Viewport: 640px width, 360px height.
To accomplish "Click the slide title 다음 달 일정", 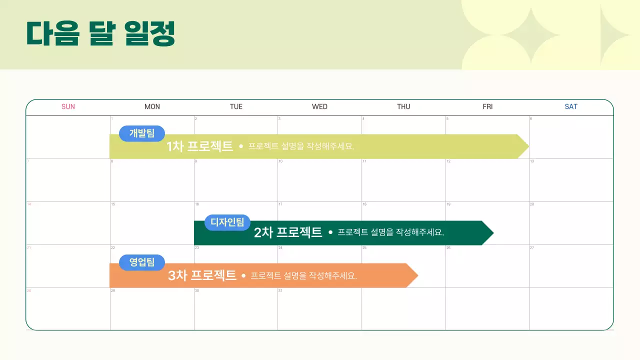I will tap(100, 33).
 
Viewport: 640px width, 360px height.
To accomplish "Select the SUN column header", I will tap(68, 106).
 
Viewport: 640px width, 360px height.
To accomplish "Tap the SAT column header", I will tap(571, 106).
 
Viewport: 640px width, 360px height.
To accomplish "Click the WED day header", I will tap(319, 106).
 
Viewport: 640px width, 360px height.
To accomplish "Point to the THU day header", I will tap(403, 106).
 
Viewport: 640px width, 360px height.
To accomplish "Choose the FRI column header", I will tap(487, 106).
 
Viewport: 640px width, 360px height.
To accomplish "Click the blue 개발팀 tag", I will tap(142, 133).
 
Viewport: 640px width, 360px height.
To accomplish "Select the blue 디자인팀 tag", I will tap(227, 222).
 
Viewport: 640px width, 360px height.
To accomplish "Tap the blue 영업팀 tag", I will tap(142, 262).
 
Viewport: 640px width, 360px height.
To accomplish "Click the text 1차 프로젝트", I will tap(200, 146).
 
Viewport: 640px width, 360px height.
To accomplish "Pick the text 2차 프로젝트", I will tap(288, 232).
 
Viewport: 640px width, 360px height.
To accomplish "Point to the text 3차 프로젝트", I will tap(202, 275).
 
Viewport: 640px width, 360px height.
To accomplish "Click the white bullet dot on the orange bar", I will tap(243, 275).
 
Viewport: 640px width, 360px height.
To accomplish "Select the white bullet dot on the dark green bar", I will tap(330, 232).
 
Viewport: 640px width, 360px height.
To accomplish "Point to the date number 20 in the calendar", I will tap(532, 204).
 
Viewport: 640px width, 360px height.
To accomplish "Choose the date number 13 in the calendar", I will tap(532, 161).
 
